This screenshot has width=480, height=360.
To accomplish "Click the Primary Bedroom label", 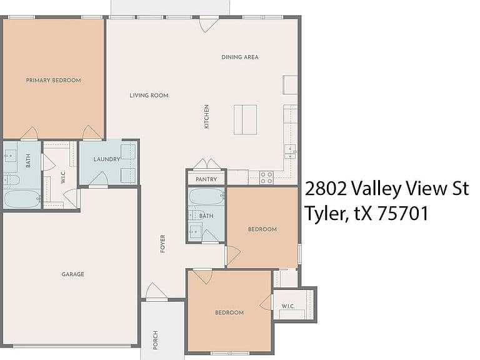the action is [x=54, y=81].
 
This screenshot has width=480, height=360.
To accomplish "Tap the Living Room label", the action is [x=149, y=96].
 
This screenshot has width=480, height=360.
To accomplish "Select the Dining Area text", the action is [x=240, y=57].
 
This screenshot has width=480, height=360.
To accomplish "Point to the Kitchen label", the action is [x=207, y=117].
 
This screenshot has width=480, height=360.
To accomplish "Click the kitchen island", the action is [x=246, y=120].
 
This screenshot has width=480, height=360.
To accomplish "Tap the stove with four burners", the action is [x=266, y=177].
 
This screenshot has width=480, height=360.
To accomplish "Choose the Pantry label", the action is [x=206, y=179].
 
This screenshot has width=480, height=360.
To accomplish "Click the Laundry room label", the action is [x=107, y=159].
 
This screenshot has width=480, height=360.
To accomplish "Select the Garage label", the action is [x=73, y=274].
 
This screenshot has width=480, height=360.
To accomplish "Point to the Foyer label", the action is [x=163, y=244].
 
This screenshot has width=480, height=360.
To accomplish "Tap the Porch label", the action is [x=156, y=340].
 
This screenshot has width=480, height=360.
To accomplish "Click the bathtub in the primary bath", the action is [x=22, y=199].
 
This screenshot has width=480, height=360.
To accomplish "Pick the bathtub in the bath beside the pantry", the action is [x=207, y=196].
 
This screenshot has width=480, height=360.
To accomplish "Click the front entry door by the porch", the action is [x=156, y=292].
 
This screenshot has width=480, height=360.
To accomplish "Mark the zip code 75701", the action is [x=403, y=213].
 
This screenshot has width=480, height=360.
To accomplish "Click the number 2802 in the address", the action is [x=326, y=189].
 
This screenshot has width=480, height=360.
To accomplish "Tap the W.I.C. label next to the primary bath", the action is [x=63, y=177].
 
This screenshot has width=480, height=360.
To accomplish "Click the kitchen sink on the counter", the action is [x=290, y=152].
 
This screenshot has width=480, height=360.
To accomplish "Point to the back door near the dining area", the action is [x=209, y=24].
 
